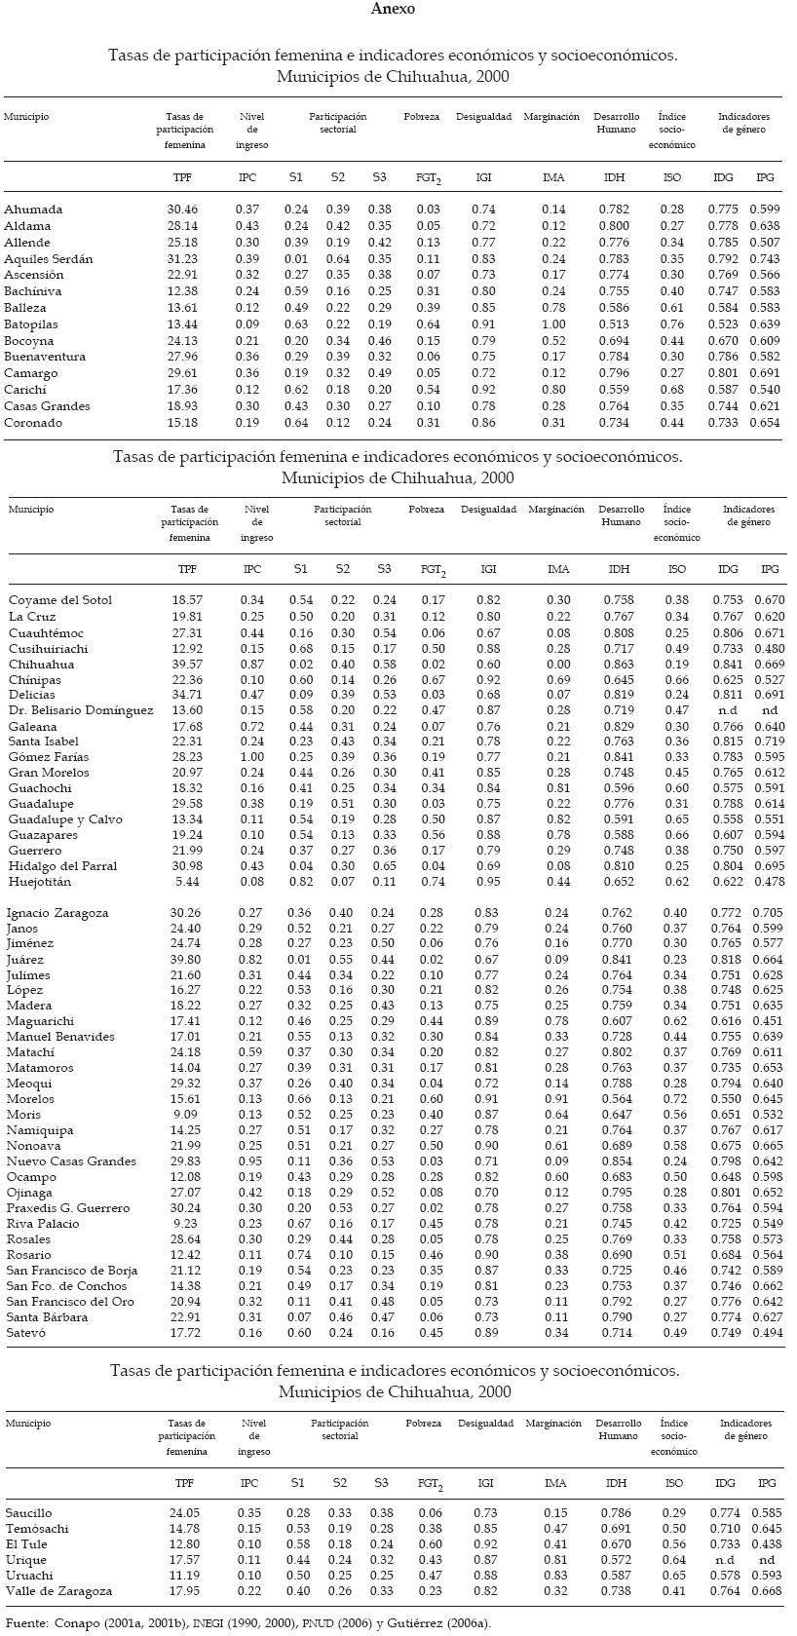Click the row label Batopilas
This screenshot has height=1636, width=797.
pyautogui.click(x=30, y=324)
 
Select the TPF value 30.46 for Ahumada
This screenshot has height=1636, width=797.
pyautogui.click(x=182, y=209)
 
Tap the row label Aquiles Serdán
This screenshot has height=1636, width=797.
pyautogui.click(x=48, y=259)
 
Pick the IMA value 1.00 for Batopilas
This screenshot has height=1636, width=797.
pyautogui.click(x=553, y=324)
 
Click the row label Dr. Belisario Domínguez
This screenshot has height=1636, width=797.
pyautogui.click(x=81, y=710)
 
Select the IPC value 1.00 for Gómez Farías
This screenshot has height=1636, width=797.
pyautogui.click(x=252, y=757)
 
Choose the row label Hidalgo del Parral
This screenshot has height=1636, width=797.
pyautogui.click(x=62, y=866)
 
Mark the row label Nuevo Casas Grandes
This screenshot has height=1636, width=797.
pyautogui.click(x=71, y=1161)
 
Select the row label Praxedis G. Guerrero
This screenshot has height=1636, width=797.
pyautogui.click(x=68, y=1208)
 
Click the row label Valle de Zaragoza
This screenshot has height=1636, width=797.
pyautogui.click(x=58, y=1591)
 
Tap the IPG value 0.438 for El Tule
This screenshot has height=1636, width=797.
pyautogui.click(x=769, y=1544)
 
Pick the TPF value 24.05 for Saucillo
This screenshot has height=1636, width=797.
pyautogui.click(x=183, y=1513)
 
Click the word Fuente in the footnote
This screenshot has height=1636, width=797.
pyautogui.click(x=25, y=1623)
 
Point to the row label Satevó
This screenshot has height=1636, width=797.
pyautogui.click(x=27, y=1333)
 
